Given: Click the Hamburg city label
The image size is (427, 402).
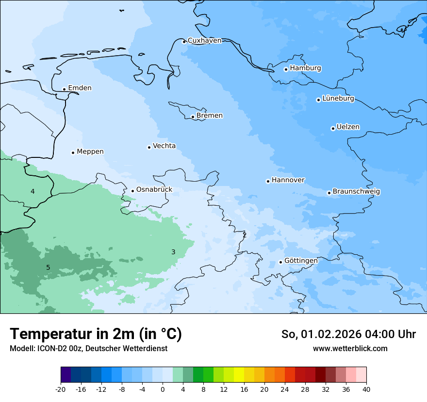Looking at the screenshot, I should pos(305,68).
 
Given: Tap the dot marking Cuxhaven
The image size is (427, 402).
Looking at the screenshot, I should pos(184,42).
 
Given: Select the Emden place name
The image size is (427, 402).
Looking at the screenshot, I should pos(80,88).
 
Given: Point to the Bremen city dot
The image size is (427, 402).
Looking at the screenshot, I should pos(193,117).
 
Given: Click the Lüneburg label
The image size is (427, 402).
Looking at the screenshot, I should pos(338,99).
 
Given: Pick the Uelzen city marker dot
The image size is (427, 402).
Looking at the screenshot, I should pos(333,128).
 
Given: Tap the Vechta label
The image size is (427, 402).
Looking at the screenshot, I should pos(164,146).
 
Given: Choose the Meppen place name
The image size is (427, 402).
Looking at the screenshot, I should pos(90,152).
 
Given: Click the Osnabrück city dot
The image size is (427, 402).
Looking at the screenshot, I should pos(132,191).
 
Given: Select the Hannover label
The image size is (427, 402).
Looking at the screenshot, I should pos(288,180).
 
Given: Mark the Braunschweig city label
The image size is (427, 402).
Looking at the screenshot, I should pos(356,192).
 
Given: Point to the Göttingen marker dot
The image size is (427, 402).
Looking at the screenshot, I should pos(280,262).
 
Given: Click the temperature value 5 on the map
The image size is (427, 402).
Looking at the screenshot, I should pos(48,267).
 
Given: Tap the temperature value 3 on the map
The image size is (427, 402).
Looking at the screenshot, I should pos(173,252).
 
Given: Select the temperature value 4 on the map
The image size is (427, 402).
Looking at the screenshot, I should pos(33,191).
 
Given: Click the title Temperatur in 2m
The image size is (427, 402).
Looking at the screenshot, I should pos(96,334).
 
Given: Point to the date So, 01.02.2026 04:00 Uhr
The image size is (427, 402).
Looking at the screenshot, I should pos(348,334).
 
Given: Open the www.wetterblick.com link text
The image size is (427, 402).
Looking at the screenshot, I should pos(350,348).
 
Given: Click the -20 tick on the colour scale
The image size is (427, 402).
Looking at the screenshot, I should pos(61,389).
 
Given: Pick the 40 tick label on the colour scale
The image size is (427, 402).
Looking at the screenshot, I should pos(366,389).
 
